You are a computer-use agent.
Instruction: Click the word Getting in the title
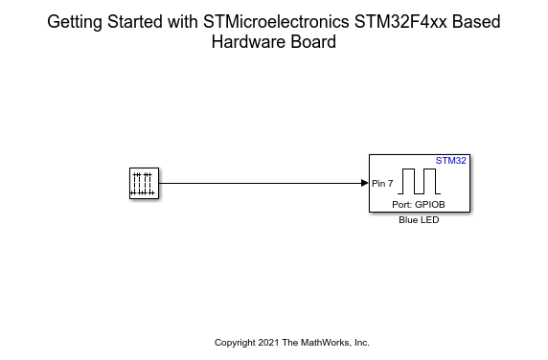point(75,22)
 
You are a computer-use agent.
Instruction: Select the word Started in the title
point(134,22)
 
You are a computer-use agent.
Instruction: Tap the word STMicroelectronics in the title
point(276,22)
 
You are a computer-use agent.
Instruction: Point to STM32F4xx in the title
point(400,22)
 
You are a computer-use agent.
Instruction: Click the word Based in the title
point(476,22)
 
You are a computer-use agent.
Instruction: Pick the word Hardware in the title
point(248,42)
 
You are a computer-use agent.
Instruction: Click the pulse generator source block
point(144,183)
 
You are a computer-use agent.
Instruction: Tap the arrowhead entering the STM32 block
point(365,183)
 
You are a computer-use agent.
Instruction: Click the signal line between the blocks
point(260,183)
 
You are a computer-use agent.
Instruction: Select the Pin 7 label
point(382,183)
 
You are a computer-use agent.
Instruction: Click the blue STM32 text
point(451,161)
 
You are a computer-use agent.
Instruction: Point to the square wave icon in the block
point(419,181)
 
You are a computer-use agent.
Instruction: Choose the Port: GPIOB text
point(419,204)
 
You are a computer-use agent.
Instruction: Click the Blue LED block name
point(419,220)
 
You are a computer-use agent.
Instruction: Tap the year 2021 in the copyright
point(268,343)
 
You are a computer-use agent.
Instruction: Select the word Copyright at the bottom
point(235,343)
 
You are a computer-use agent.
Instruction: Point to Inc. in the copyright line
point(362,343)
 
